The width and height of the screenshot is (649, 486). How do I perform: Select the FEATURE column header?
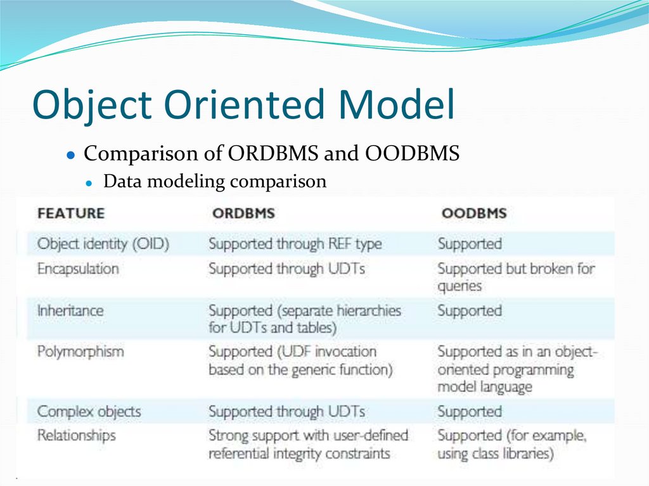71,213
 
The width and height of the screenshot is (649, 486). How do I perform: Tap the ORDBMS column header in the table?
243,213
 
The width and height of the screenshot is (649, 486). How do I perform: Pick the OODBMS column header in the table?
474,213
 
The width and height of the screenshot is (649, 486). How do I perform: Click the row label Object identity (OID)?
103,244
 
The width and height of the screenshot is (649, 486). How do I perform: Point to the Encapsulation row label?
78,269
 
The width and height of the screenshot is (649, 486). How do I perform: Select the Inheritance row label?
70,311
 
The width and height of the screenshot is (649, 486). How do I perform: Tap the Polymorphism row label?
80,351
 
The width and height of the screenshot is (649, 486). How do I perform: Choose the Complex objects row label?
89,411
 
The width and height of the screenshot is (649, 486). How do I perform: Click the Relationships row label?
76,435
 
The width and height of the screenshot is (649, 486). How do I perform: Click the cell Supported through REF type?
295,244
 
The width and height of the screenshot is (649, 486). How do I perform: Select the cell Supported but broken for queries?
515,277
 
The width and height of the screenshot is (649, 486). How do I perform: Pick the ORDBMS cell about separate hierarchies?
304,319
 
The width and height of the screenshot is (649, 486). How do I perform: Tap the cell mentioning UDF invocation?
300,360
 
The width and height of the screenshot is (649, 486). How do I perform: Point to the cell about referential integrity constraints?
308,444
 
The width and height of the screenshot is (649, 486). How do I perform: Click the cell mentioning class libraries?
511,444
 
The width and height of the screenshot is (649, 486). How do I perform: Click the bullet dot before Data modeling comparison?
90,183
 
